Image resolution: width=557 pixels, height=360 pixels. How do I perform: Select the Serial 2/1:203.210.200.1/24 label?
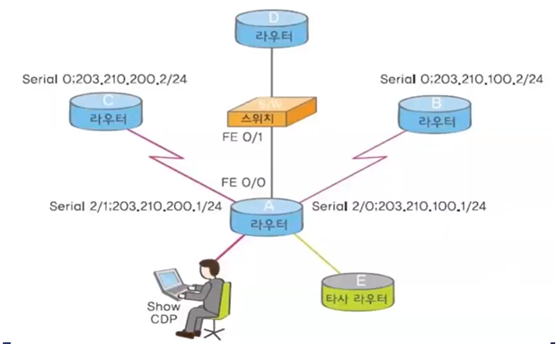click(136, 208)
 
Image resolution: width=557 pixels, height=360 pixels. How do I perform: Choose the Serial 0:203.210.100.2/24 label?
click(462, 79)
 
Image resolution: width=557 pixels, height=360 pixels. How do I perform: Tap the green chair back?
click(225, 301)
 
